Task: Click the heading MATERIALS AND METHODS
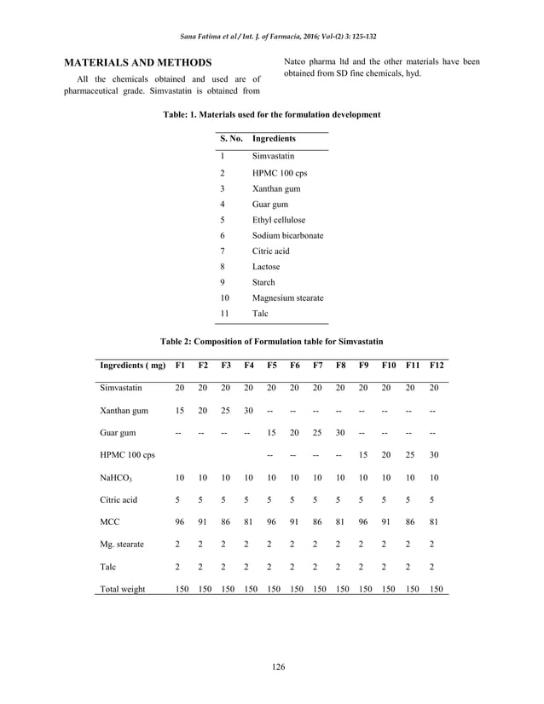[139, 63]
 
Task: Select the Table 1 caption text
[271, 113]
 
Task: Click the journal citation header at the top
[272, 36]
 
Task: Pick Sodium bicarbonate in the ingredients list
[287, 235]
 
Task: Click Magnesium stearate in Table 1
[287, 297]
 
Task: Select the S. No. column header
[231, 138]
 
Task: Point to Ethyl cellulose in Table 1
[278, 219]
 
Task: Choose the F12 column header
[437, 365]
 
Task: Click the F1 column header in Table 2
[179, 365]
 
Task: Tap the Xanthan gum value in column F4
[248, 410]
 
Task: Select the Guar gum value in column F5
[271, 432]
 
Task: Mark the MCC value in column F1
[179, 522]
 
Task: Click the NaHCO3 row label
[117, 477]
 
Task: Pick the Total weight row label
[123, 589]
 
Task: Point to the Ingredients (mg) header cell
[132, 365]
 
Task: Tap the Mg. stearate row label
[122, 544]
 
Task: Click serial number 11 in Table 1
[225, 314]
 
